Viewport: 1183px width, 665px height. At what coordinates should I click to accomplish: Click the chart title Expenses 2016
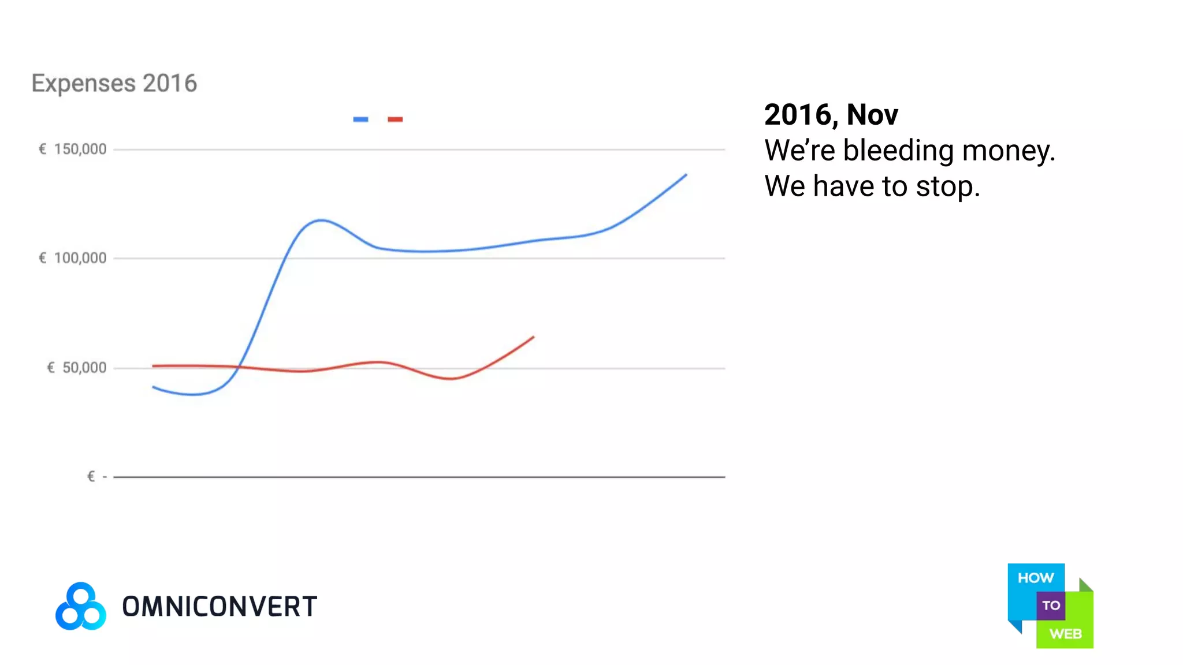pos(114,83)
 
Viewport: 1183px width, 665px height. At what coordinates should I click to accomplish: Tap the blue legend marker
pos(360,119)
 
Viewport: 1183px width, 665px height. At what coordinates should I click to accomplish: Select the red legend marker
pos(395,119)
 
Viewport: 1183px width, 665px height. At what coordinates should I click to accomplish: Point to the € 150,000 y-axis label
pos(73,150)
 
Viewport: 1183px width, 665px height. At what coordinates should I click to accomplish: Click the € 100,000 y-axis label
pos(73,258)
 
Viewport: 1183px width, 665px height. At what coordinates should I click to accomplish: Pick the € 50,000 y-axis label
pos(77,368)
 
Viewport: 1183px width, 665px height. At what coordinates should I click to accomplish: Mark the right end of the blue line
pos(686,174)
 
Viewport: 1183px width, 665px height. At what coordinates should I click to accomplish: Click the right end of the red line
pos(533,337)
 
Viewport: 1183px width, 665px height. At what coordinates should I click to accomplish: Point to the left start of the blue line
pos(153,387)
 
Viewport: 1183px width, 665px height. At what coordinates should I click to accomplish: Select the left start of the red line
pos(153,366)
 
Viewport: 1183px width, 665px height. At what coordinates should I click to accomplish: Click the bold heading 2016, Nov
pos(831,114)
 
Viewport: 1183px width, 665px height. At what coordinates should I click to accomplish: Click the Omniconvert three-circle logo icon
pos(81,606)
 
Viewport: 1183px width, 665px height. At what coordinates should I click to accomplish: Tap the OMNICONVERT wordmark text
pos(220,607)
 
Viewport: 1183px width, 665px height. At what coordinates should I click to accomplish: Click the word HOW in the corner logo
pos(1035,578)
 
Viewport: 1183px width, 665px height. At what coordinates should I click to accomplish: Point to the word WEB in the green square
pos(1065,634)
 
